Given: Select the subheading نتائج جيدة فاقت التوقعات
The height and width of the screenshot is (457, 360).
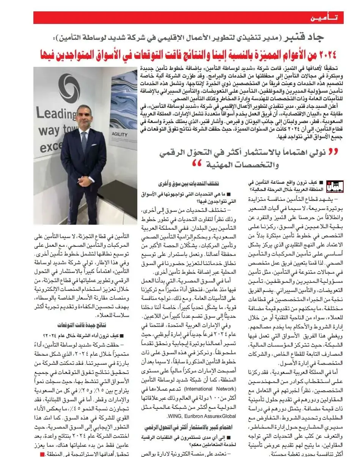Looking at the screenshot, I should [x=87, y=325].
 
